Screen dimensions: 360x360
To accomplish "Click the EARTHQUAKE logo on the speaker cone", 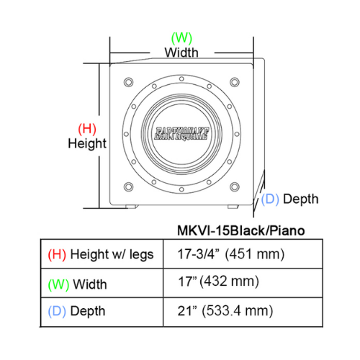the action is tap(181, 133).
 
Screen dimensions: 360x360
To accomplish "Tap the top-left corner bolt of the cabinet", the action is tap(129, 82).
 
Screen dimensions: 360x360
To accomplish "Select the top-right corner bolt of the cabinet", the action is tap(235, 82).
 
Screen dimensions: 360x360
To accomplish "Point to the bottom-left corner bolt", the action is tap(129, 186).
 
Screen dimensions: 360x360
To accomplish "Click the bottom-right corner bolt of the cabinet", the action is tap(235, 186).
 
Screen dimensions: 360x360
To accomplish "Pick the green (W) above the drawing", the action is tap(181, 38).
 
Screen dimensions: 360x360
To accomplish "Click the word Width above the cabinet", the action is tap(181, 53).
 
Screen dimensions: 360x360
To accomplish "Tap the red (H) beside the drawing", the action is tap(87, 129).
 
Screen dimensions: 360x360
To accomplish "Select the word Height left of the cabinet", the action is tap(87, 143).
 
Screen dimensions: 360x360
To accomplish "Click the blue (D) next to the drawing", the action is tap(270, 199).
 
